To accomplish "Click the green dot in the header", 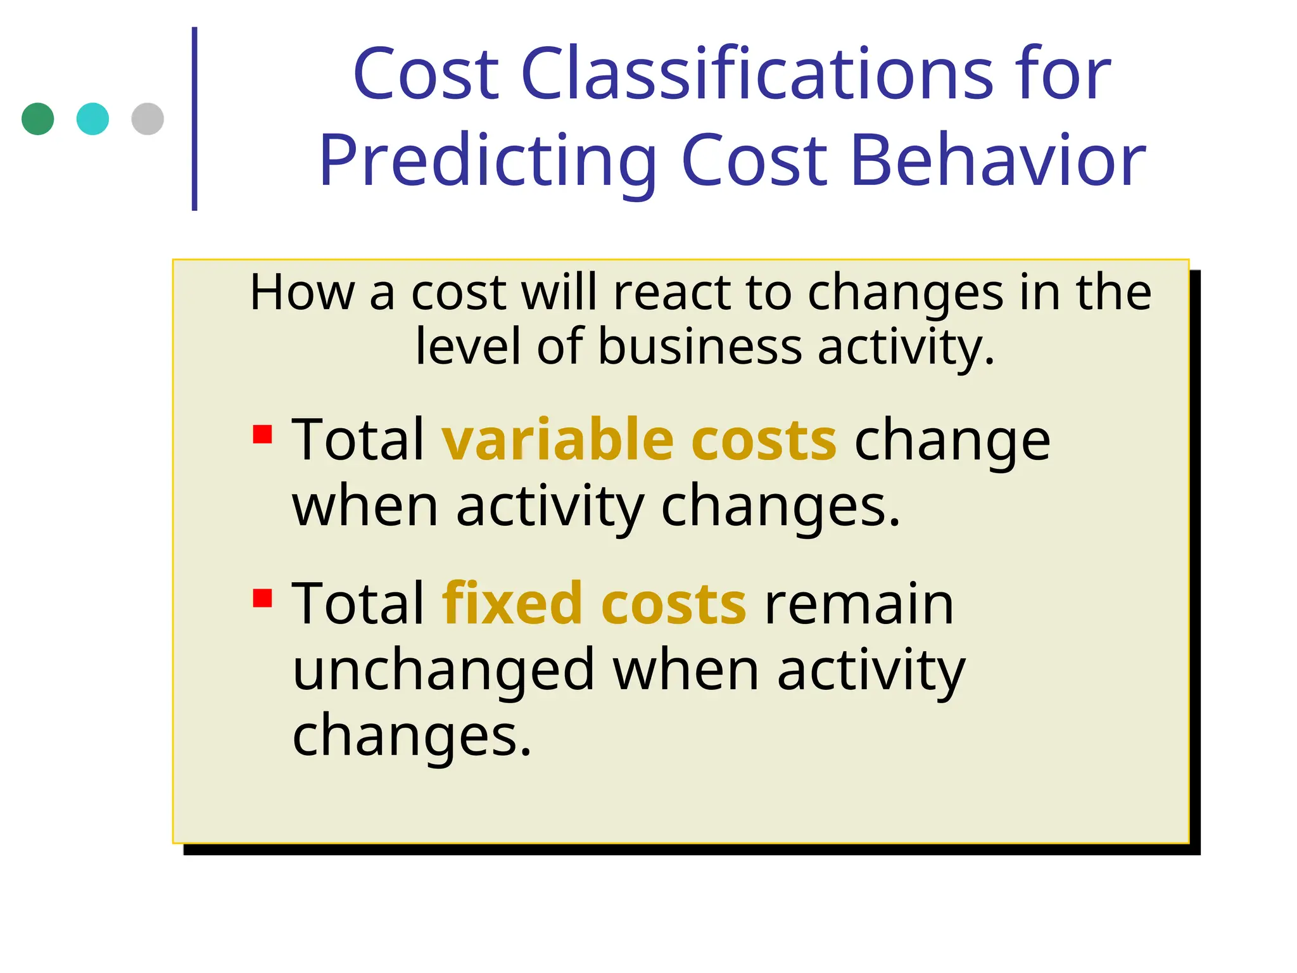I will pos(37,119).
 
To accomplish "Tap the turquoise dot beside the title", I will pos(92,119).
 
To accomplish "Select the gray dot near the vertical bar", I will pos(148,119).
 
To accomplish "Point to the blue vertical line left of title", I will pos(194,119).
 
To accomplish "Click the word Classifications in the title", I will pos(757,74).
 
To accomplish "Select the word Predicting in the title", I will pos(487,161).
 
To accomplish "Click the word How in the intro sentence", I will pos(302,293).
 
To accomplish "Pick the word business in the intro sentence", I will pos(700,347).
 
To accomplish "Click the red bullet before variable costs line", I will pos(262,435).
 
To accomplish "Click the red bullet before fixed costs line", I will pos(262,598).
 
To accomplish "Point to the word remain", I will pos(859,604).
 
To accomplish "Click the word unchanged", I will pos(443,671).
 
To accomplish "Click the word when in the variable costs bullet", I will pos(365,507).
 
